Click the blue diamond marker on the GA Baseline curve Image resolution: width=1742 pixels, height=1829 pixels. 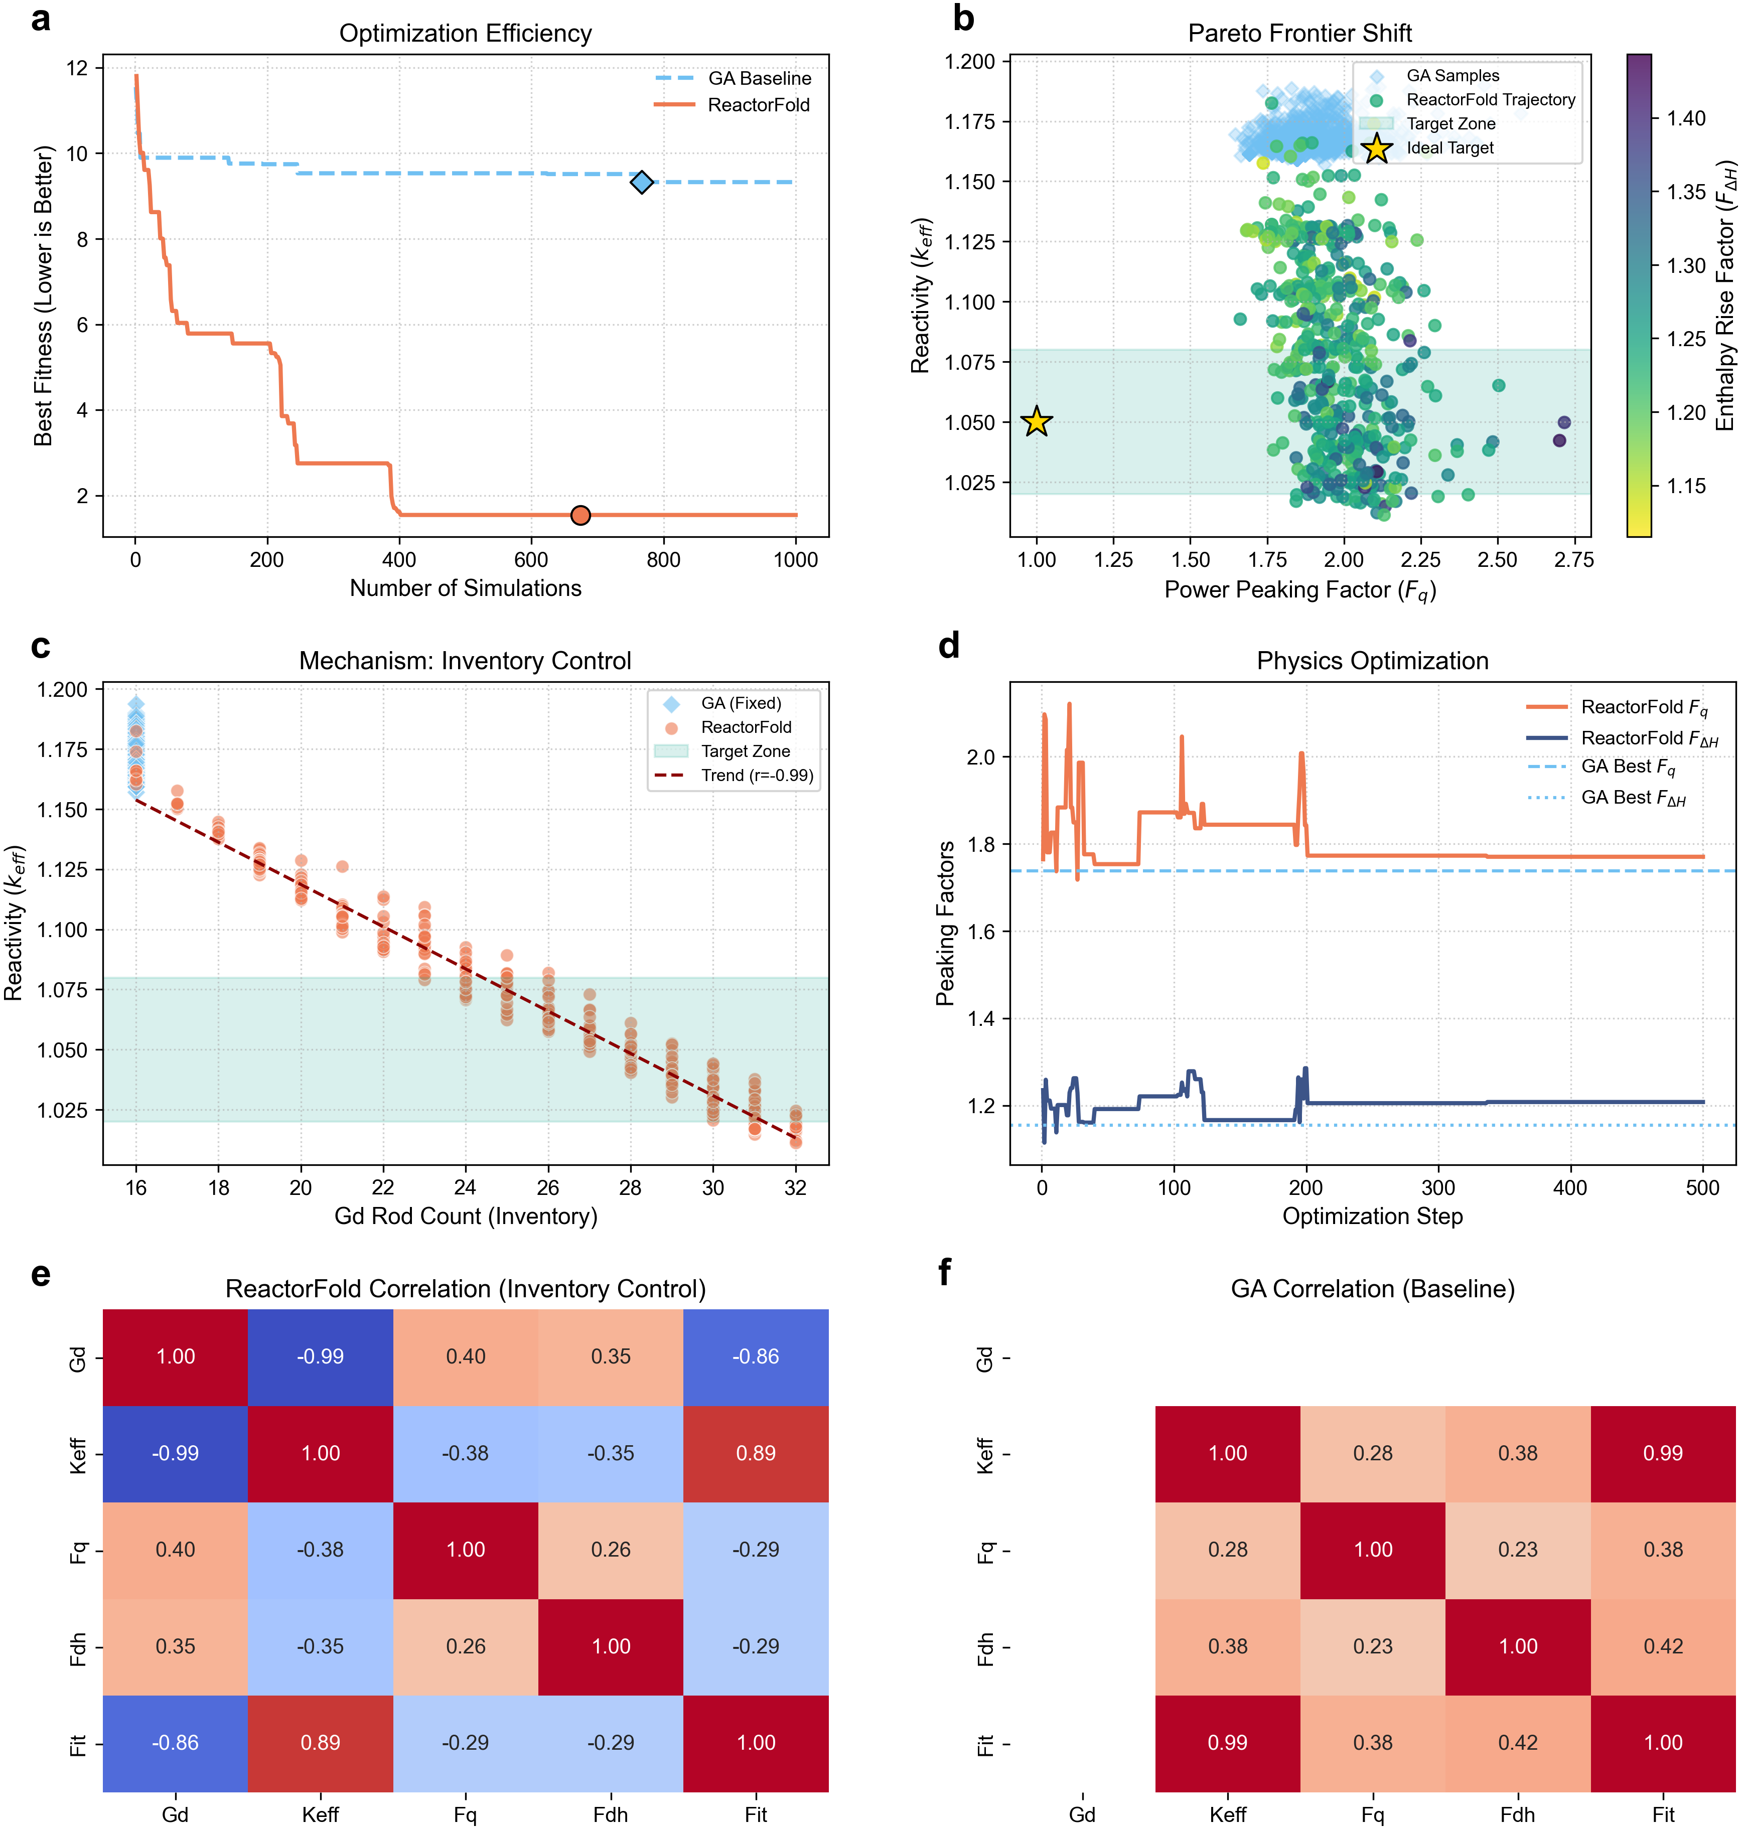[x=642, y=182]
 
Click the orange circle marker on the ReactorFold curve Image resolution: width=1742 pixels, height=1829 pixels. [x=580, y=515]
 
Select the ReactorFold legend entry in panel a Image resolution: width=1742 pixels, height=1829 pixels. [x=758, y=105]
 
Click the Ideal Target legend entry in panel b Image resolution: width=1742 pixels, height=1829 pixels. [x=1449, y=147]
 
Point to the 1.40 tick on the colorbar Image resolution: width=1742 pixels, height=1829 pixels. [x=1685, y=119]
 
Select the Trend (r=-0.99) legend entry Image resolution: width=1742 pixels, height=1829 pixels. [x=757, y=775]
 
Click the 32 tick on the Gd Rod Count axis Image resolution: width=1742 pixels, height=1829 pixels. [x=795, y=1187]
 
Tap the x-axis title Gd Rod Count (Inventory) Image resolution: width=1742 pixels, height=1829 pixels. [x=465, y=1216]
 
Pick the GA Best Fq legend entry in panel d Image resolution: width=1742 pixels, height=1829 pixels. [x=1628, y=767]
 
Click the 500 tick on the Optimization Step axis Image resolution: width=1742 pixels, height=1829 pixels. [x=1702, y=1187]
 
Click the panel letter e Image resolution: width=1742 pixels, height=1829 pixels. [x=40, y=1273]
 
